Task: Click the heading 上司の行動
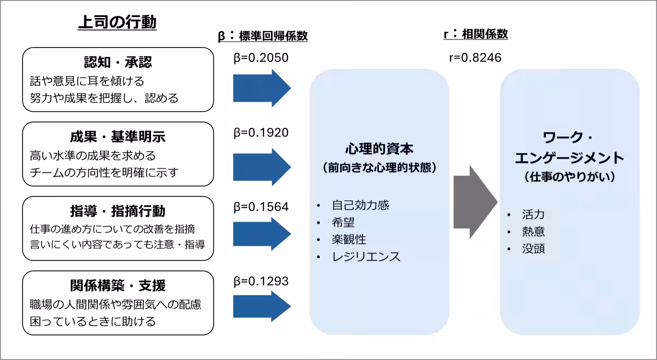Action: pos(117,22)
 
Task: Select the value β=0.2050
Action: pos(261,57)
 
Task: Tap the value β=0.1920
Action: pos(261,132)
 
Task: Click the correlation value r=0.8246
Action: pos(475,57)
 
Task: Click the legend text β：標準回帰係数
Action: pos(263,36)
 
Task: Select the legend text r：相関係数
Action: pos(475,34)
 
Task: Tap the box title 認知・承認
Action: pos(118,62)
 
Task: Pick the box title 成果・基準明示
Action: pos(118,136)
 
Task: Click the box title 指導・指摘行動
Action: pos(118,211)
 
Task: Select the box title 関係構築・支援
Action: pos(118,285)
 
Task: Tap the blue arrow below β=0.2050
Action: pos(262,88)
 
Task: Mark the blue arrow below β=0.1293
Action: pos(262,306)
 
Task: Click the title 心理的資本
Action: pos(379,149)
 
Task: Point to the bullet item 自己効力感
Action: pos(360,205)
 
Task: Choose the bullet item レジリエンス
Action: pos(366,256)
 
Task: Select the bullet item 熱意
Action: pos(533,231)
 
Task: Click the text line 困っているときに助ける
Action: pos(93,321)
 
